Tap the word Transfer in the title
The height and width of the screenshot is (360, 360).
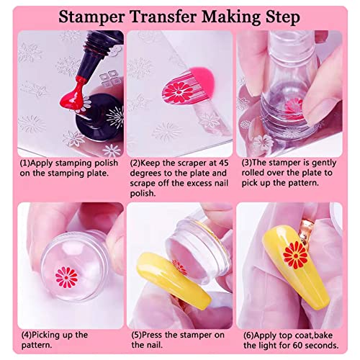pos(159,15)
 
